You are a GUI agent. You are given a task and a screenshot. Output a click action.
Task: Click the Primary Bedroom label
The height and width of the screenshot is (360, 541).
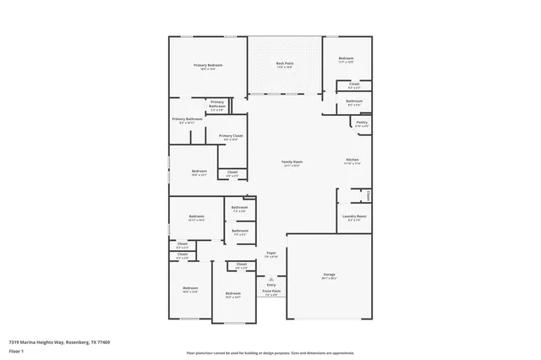tap(208, 65)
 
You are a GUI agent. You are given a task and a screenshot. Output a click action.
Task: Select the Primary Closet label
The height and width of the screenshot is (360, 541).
tap(231, 135)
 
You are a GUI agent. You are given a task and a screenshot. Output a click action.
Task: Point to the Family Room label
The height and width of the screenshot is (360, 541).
tap(292, 161)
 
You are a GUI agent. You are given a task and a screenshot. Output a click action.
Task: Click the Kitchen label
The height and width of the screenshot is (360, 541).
tap(352, 160)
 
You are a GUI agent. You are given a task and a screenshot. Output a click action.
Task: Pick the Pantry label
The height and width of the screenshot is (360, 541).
tap(361, 123)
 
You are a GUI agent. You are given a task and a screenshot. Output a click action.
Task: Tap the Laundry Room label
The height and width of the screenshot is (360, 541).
tap(354, 216)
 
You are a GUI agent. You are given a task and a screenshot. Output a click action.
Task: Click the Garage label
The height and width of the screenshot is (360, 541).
tap(329, 275)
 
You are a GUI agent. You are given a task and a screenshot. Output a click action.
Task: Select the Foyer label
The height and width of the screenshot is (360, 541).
tap(271, 253)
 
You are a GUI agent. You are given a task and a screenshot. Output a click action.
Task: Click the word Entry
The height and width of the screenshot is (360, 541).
tap(271, 285)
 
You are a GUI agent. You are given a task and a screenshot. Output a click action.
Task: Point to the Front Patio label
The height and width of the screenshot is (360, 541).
tap(271, 291)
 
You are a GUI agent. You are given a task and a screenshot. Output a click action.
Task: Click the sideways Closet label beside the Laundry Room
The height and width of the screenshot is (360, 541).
tap(369, 195)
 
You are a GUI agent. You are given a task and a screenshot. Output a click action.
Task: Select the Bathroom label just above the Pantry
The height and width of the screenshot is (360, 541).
tap(354, 101)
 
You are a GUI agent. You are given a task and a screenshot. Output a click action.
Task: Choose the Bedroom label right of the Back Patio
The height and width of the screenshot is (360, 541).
tap(346, 58)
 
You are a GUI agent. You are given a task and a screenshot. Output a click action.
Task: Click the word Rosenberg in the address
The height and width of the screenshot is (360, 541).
tap(74, 342)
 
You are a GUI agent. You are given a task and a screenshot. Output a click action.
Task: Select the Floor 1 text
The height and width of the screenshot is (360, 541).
tap(16, 351)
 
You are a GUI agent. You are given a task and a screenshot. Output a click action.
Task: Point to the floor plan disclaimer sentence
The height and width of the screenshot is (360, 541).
tap(270, 352)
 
